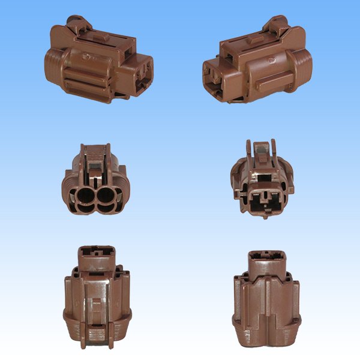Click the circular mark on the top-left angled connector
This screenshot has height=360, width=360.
coord(88,59)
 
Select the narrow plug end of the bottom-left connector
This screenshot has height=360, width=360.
coord(94,256)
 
